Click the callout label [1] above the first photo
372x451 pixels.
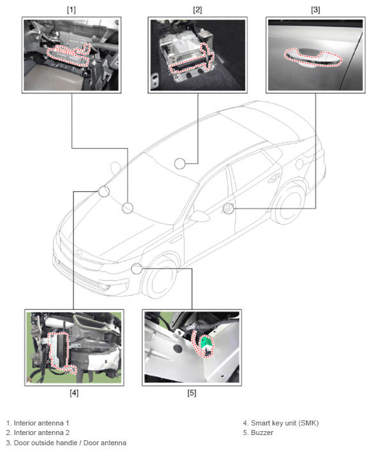pos(71,10)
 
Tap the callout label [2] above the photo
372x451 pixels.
pos(197,10)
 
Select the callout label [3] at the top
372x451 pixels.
pos(315,10)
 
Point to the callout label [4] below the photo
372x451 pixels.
pos(74,392)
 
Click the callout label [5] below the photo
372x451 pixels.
pos(191,392)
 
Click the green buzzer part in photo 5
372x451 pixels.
pos(207,343)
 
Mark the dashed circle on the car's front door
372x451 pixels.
pos(228,209)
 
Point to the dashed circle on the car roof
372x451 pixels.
pos(180,164)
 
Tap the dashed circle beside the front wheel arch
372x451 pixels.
pos(137,269)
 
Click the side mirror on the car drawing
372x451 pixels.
pos(199,216)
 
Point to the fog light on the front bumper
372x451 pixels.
pos(103,286)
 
